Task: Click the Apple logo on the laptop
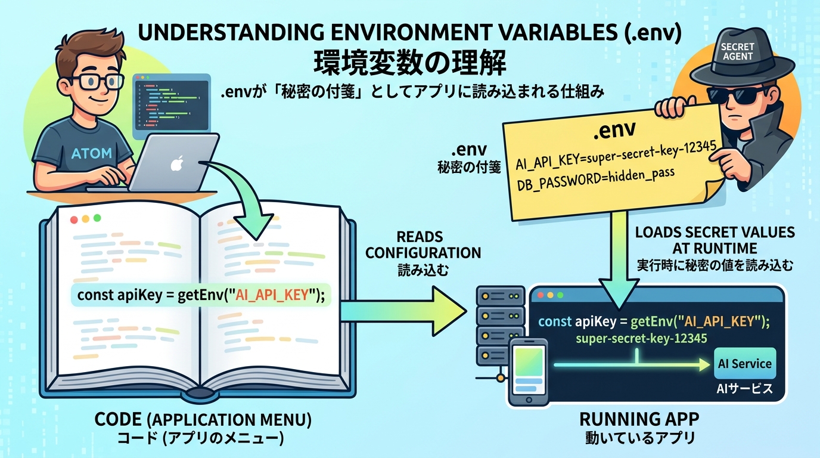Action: [x=176, y=163]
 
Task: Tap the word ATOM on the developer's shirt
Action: [x=91, y=153]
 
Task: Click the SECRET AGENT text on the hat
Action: [x=737, y=51]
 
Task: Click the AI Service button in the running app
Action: [x=744, y=364]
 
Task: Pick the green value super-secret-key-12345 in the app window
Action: [x=642, y=339]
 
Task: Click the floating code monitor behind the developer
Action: [x=172, y=102]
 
